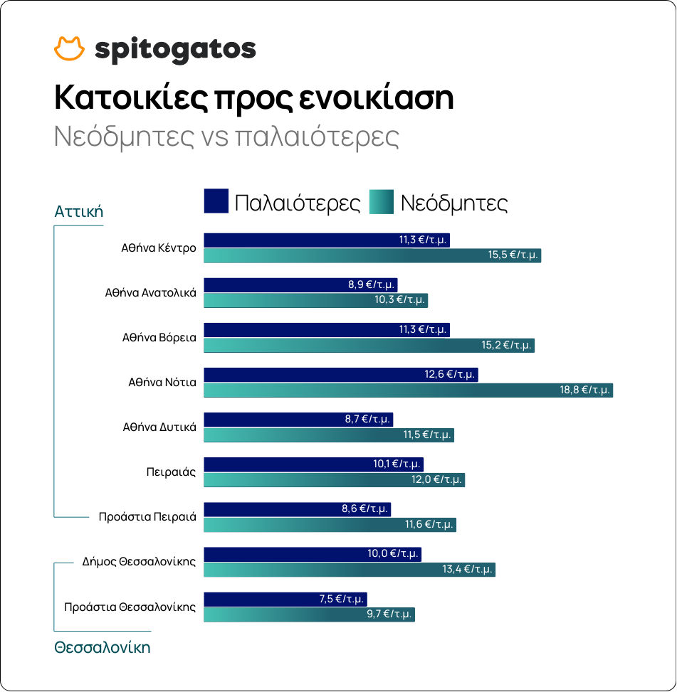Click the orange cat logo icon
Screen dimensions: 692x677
coord(69,48)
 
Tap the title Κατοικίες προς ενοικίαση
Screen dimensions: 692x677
coord(254,98)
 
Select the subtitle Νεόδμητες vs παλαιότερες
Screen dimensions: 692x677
coord(226,137)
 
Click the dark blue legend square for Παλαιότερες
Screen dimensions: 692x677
coord(216,201)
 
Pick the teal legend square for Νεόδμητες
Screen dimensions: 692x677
coord(381,201)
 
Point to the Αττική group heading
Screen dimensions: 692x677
coord(79,211)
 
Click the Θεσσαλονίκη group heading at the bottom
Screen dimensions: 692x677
coord(103,647)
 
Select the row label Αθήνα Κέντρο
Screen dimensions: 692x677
coord(158,248)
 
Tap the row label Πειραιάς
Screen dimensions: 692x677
coord(171,472)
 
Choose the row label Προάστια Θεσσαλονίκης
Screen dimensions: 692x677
coord(130,607)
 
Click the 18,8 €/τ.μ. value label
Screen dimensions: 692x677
coord(584,390)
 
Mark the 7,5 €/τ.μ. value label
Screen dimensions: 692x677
coord(341,599)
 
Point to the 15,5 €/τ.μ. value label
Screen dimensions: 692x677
coord(513,255)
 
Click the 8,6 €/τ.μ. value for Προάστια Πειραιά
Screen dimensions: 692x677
coord(364,509)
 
